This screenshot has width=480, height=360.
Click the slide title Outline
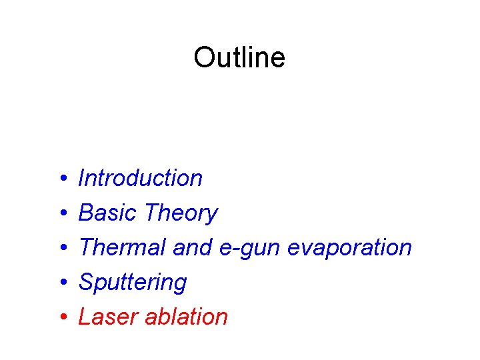[239, 57]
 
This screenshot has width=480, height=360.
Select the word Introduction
[140, 178]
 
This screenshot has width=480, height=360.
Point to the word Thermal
[122, 247]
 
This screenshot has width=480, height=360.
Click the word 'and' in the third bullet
[192, 247]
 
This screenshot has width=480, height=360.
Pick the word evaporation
[349, 248]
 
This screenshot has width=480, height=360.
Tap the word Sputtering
[133, 283]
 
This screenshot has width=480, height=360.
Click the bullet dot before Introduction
[61, 179]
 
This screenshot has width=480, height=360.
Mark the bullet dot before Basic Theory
[61, 213]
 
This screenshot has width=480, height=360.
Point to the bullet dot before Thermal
[61, 248]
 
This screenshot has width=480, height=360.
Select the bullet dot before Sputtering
[61, 283]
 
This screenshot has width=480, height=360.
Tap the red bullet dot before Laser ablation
[61, 317]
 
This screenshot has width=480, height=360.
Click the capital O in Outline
[203, 57]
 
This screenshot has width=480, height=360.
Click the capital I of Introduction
[81, 178]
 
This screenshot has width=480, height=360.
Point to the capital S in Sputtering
[86, 282]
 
